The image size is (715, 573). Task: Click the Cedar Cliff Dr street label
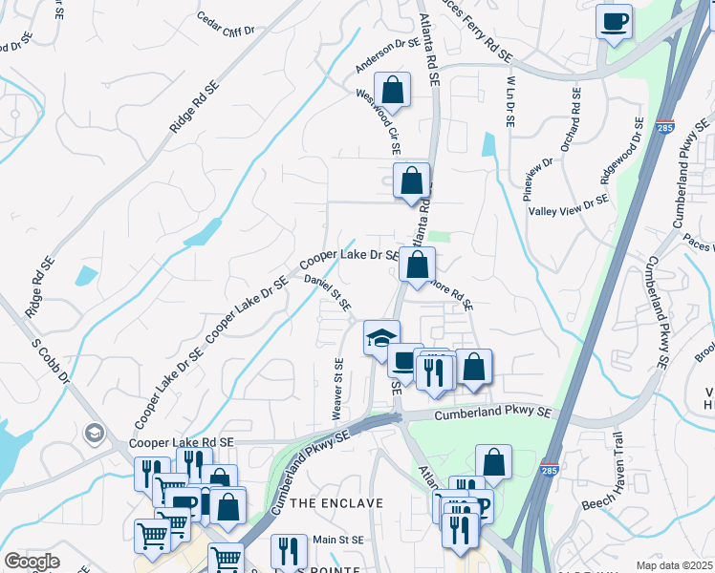point(225,24)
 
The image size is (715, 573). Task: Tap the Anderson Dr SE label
point(388,55)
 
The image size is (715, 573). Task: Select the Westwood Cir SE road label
point(378,123)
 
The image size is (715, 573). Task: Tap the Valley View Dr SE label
point(569,204)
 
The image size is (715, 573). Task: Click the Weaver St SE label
point(336,388)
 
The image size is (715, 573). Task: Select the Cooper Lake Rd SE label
point(182,443)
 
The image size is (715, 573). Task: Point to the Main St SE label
point(339,540)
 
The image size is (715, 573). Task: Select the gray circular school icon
point(93,434)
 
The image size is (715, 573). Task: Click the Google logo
point(31,562)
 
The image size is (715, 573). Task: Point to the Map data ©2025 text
point(675,565)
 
